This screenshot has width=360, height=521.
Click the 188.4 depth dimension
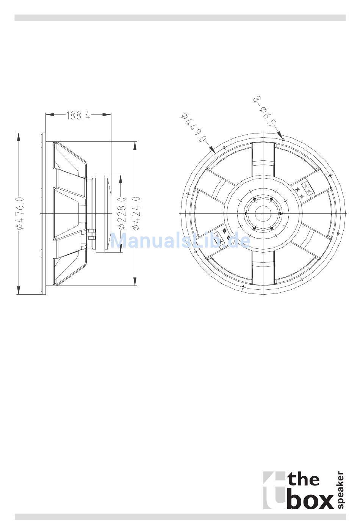pos(78,115)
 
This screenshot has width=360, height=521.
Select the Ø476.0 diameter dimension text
pos(20,213)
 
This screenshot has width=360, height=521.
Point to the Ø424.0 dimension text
pos(136,213)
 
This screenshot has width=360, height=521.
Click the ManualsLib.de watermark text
pos(180,240)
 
